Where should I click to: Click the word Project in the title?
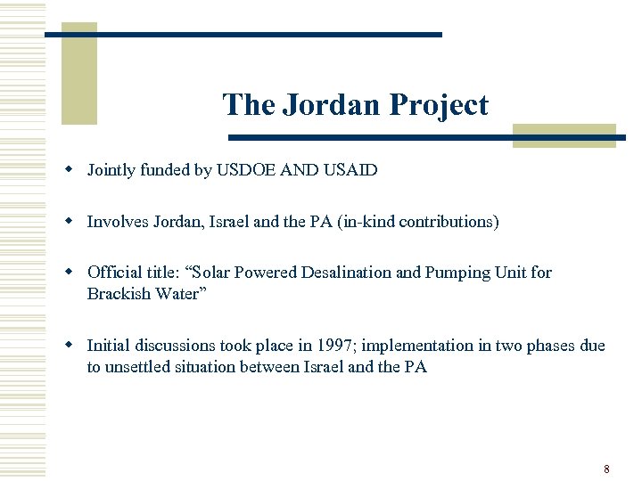point(438,105)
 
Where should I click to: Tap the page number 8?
point(606,469)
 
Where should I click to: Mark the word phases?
point(555,346)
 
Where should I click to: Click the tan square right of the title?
point(564,135)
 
